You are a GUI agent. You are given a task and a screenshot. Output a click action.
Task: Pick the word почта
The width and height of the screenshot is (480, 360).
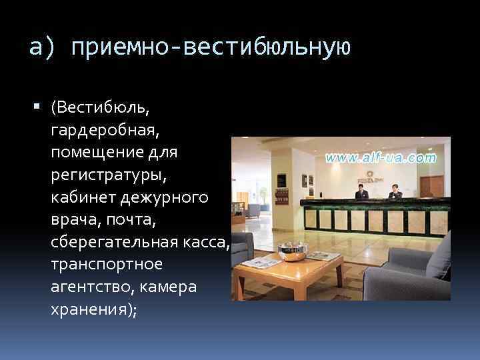click(123, 220)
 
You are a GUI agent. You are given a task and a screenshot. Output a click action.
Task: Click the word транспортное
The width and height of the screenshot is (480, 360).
click(106, 265)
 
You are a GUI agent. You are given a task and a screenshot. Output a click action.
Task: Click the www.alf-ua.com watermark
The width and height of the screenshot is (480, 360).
click(381, 159)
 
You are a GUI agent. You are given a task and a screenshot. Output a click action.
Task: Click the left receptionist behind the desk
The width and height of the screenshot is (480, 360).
click(361, 192)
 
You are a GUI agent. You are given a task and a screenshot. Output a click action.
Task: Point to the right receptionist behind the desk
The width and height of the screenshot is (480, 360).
click(394, 192)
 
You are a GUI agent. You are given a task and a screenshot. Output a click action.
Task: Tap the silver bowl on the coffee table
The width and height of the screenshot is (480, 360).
click(291, 251)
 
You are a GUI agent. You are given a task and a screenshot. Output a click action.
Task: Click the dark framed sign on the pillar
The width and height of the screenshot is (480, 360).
click(281, 181)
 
